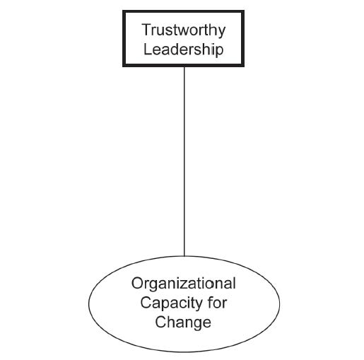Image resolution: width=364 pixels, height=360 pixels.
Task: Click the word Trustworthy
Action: point(184,30)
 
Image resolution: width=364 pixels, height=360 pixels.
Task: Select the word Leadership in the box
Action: point(184,50)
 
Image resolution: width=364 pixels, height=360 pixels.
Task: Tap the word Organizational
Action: point(184,283)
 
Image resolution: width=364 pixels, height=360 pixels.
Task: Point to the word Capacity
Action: point(171,303)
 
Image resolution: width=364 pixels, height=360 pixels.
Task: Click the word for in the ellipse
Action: point(217,302)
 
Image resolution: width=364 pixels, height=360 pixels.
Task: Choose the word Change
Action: point(183,323)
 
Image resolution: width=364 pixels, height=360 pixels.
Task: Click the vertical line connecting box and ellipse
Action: point(184,161)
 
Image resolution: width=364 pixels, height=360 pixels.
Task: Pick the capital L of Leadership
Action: point(148,49)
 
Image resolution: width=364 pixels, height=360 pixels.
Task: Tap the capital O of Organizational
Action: point(137,283)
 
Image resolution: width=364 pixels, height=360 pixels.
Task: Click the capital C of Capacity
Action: point(146,302)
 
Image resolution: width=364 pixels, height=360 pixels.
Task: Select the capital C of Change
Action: point(160,322)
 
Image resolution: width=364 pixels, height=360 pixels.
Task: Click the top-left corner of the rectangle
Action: point(123,11)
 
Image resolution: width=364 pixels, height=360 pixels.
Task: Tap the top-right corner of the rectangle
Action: point(244,11)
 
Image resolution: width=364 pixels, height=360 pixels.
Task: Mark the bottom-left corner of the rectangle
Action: point(123,66)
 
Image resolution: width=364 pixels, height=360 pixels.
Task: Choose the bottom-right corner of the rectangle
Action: point(244,66)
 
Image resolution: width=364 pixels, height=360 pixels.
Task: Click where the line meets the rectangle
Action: point(184,67)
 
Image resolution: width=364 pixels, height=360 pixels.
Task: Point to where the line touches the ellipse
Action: point(184,256)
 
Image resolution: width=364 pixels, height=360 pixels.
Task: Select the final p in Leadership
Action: point(220,51)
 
